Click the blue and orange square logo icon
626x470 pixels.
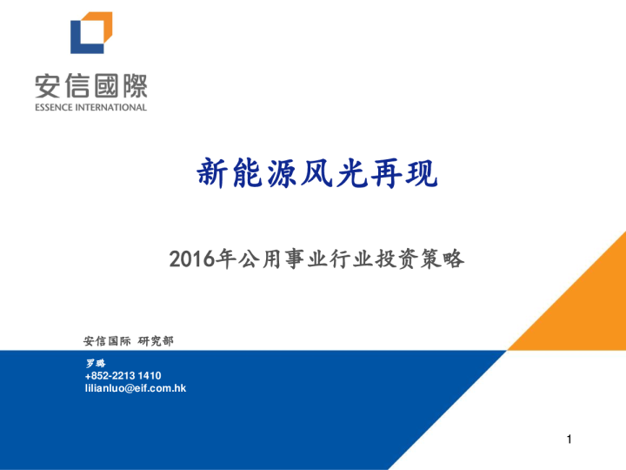point(91,34)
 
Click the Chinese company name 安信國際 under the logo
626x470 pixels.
point(91,86)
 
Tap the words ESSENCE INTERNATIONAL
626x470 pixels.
point(91,108)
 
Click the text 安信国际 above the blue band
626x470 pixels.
point(106,340)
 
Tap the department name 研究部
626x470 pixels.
point(156,340)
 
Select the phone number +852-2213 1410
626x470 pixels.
point(123,375)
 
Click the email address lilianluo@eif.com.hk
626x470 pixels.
point(136,388)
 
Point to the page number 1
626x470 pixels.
point(569,440)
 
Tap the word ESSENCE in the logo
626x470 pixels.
point(57,108)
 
